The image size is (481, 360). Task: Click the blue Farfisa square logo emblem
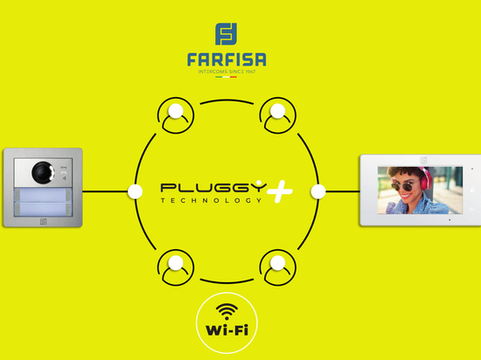227,34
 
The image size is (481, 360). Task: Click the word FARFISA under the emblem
227,59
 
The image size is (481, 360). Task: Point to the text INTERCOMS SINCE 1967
227,72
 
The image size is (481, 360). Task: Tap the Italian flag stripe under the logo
227,77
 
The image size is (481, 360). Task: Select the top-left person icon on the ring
176,115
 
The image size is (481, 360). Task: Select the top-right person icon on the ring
278,115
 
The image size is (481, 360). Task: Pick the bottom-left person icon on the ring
176,267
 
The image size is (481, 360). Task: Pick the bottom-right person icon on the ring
278,267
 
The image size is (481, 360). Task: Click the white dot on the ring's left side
135,191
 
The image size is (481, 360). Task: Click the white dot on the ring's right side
318,191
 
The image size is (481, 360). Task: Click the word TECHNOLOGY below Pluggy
212,200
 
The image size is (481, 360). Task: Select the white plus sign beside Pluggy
280,191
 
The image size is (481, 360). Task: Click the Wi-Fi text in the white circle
227,330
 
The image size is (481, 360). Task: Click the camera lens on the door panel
43,172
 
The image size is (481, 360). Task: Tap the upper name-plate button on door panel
43,195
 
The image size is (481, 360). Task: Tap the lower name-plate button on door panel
43,209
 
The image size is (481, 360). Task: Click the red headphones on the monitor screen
426,178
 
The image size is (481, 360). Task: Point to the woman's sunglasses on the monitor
404,185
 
